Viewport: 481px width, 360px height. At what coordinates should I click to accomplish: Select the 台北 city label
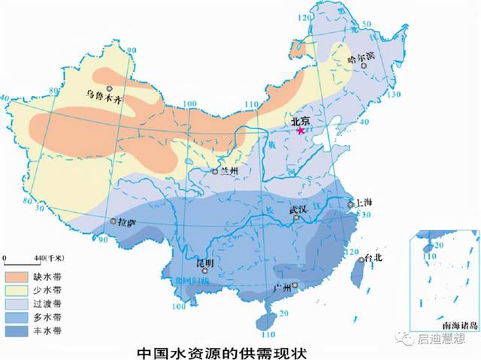[x=374, y=258]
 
